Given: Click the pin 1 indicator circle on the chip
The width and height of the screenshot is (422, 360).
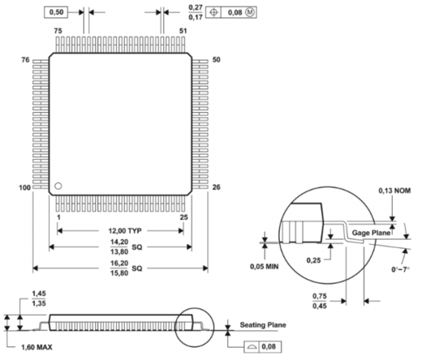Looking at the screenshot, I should tap(58, 187).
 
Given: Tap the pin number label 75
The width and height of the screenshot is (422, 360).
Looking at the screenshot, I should tap(58, 30).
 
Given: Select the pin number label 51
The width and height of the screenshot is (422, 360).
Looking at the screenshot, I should tap(184, 30).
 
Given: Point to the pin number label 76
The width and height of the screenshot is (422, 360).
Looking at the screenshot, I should tap(24, 61).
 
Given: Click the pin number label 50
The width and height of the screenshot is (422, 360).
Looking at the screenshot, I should tap(217, 61).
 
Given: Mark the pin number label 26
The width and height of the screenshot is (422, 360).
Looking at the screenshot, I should tap(217, 188).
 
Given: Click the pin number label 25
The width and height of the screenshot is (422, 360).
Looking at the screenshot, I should tap(185, 218).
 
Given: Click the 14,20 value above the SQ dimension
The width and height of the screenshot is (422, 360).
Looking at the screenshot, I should tap(120, 242).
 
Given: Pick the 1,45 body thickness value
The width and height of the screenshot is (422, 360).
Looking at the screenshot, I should tap(37, 294).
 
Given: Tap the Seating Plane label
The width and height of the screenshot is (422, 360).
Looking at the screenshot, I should tap(263, 325).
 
